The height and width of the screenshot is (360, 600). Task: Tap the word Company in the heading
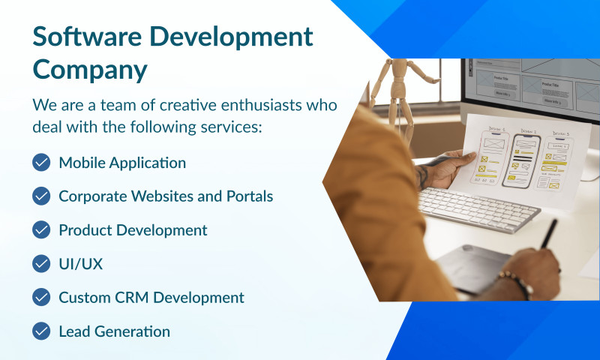click(x=89, y=69)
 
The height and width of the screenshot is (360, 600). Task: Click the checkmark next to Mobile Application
click(x=41, y=162)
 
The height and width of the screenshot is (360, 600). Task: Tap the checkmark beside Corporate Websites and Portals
click(x=41, y=196)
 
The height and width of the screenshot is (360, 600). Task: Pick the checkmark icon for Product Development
click(x=41, y=229)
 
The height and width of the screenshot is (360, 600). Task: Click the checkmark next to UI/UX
click(x=41, y=263)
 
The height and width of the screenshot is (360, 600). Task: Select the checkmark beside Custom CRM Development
click(x=41, y=297)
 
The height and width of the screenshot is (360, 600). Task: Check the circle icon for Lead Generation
click(x=41, y=331)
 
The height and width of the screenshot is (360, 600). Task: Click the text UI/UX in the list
click(x=80, y=263)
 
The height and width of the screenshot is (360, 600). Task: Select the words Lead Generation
click(x=114, y=331)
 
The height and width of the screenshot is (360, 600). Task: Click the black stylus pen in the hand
click(x=549, y=233)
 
